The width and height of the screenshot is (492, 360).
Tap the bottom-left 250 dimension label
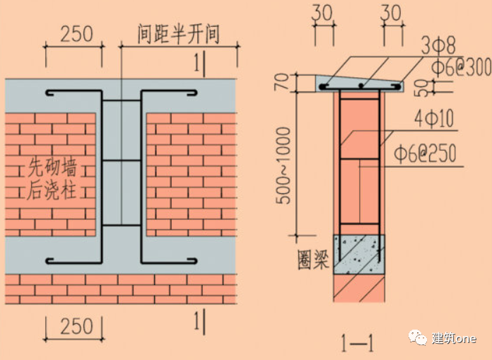point(77,326)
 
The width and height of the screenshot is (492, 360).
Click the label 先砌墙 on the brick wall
point(51,168)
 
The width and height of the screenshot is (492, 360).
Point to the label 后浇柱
point(51,190)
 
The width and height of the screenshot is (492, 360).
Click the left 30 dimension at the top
point(323,13)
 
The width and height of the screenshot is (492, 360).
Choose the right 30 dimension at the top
point(392,13)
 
